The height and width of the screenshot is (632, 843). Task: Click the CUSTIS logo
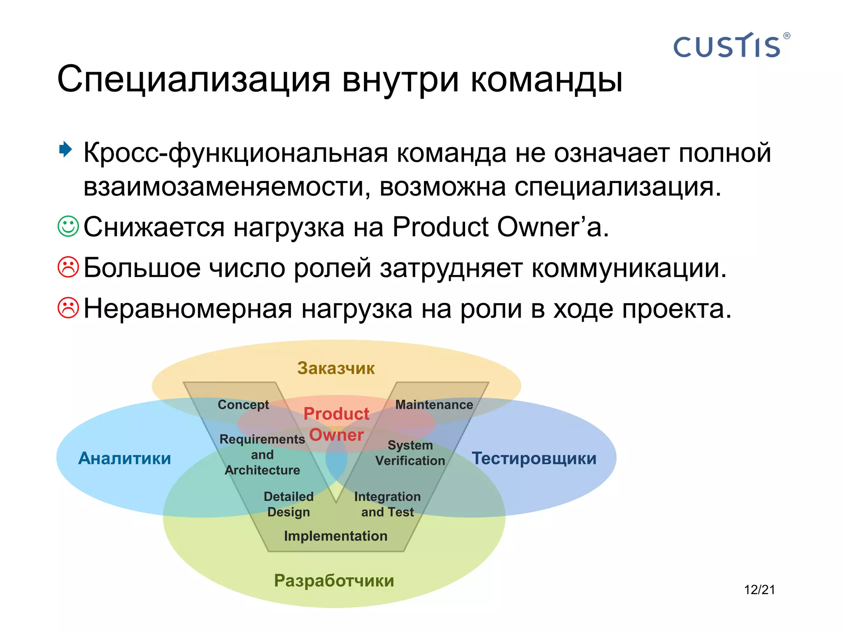tap(730, 46)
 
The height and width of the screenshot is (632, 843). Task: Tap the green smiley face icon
tap(68, 226)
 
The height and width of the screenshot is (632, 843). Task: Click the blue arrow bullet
tap(65, 149)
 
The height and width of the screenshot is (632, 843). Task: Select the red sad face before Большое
tap(68, 267)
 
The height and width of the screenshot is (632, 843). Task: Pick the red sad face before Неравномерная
tap(68, 308)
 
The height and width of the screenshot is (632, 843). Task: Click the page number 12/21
tap(759, 590)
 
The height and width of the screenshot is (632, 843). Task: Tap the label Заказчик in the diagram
tap(336, 368)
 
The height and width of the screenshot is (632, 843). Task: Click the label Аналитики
tap(125, 458)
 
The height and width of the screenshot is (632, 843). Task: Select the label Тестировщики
tap(534, 458)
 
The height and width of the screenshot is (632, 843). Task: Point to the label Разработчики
tap(334, 581)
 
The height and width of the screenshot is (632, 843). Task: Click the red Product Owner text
tap(336, 424)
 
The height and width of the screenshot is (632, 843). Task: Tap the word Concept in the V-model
tap(243, 404)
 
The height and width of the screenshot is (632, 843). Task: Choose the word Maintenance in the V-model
tap(434, 404)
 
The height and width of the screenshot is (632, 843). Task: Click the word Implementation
tap(335, 536)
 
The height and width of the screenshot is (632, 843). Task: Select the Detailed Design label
tap(289, 504)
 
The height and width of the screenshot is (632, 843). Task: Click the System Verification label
tap(410, 453)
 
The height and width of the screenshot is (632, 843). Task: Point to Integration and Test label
tap(387, 504)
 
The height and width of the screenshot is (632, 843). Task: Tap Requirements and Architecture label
tap(262, 454)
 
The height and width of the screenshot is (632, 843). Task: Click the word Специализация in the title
tap(193, 79)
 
